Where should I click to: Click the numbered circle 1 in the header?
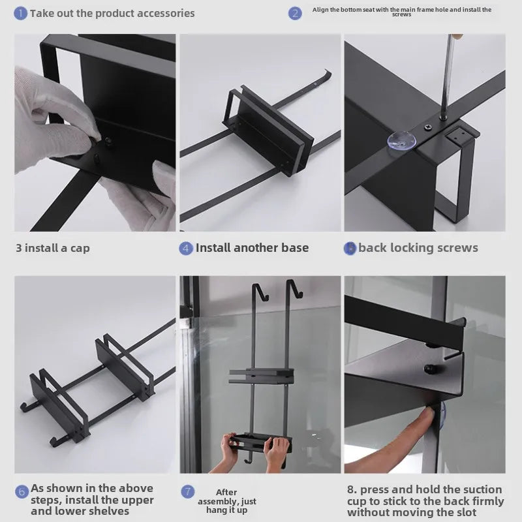point(21,13)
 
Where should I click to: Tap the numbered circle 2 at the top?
point(296,13)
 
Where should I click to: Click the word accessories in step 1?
point(163,13)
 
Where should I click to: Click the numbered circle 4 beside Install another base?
point(186,248)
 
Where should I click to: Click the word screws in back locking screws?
point(455,248)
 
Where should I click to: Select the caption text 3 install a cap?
point(53,248)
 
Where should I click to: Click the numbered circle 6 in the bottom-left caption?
point(21,491)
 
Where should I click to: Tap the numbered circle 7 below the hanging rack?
point(188,491)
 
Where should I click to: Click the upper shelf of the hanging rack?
point(258,375)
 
